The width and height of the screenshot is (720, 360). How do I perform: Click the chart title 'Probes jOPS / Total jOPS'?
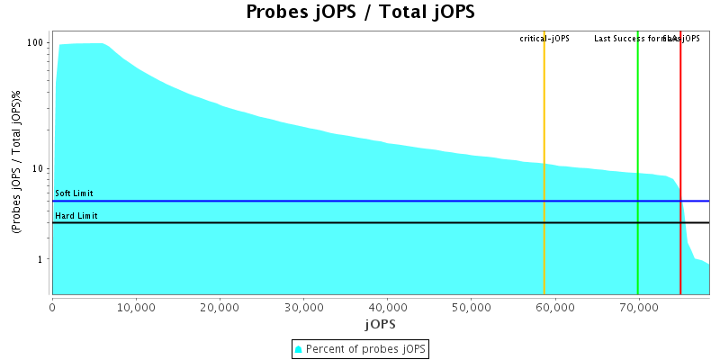[x=360, y=13]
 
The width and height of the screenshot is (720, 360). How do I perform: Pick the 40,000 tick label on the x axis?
[x=387, y=307]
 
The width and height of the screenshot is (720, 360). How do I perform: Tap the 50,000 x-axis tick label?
[x=471, y=307]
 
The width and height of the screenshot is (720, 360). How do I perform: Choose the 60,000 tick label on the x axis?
[x=554, y=307]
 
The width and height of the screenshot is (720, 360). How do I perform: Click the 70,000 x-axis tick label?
[x=638, y=307]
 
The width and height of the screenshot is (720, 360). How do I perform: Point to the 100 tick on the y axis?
[x=37, y=43]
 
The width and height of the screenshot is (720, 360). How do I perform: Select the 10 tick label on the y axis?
[x=40, y=169]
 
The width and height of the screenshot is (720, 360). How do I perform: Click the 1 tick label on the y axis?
[x=42, y=259]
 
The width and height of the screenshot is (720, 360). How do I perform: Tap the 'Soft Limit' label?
[x=74, y=193]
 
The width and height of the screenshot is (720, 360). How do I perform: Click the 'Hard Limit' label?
[x=76, y=216]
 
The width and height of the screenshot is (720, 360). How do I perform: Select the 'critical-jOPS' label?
[x=544, y=39]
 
